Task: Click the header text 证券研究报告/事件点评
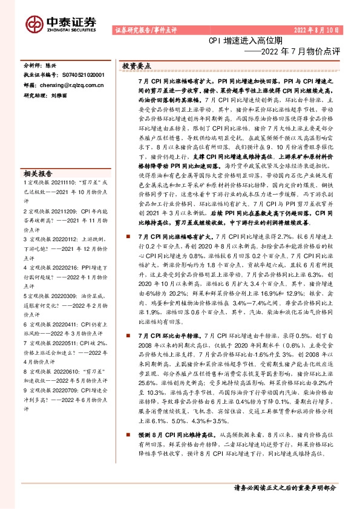tap(142, 30)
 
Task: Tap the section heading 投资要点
tap(136, 65)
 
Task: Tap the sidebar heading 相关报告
tap(38, 172)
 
